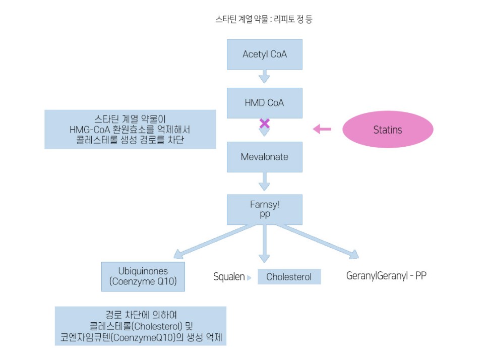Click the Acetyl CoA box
(264, 54)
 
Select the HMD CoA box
(264, 103)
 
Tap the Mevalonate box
(264, 157)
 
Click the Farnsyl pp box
(264, 210)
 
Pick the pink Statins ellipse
(388, 130)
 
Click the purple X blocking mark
(264, 124)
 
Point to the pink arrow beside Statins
(322, 130)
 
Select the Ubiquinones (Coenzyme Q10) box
(143, 276)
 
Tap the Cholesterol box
(289, 277)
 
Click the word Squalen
(229, 277)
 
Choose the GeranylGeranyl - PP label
(387, 276)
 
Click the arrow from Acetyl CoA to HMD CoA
(264, 77)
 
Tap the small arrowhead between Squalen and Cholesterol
(249, 277)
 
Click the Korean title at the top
(265, 20)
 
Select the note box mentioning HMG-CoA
(130, 129)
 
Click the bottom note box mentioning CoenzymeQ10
(140, 326)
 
